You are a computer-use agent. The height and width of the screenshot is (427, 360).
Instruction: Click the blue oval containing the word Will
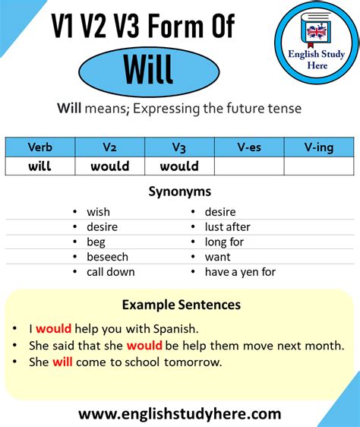[149, 72]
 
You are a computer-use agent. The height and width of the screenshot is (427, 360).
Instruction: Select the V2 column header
[109, 147]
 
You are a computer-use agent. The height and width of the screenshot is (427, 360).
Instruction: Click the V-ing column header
[319, 147]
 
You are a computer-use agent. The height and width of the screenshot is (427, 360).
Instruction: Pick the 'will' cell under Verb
[40, 166]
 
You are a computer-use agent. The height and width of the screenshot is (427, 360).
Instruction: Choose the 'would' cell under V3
[179, 166]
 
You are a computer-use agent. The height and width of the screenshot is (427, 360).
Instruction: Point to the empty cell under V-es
[249, 166]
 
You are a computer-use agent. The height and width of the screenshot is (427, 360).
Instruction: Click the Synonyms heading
[180, 191]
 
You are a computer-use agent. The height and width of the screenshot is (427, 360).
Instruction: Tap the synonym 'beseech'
[107, 257]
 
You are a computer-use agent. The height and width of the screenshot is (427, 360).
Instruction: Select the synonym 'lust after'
[227, 227]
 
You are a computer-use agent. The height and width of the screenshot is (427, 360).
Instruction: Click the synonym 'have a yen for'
[240, 272]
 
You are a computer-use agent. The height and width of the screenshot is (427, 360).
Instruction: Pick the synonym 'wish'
[98, 212]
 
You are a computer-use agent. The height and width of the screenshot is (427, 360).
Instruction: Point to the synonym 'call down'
[111, 272]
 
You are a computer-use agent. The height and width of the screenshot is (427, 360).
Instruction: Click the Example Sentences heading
[182, 305]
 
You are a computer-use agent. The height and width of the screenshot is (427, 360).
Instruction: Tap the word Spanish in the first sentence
[175, 329]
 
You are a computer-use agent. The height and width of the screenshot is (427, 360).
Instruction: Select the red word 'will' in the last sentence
[62, 362]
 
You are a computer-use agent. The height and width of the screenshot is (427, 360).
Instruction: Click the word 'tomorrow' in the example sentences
[193, 362]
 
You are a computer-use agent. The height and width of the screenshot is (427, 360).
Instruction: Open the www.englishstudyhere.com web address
[180, 414]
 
